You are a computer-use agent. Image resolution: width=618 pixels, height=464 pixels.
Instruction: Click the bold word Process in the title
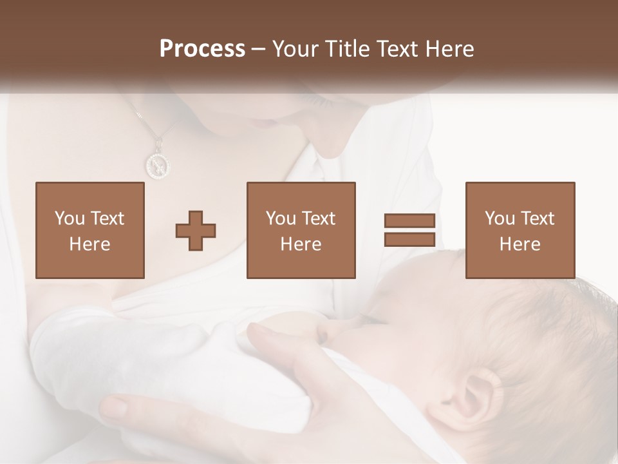point(202,49)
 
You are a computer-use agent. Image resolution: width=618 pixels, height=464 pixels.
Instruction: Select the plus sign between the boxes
point(196,231)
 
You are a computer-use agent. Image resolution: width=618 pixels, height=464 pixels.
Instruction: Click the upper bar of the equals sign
point(409,221)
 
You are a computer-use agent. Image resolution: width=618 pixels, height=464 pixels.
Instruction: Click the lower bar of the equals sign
point(409,240)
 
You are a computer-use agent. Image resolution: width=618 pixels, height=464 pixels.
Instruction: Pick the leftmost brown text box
point(89,231)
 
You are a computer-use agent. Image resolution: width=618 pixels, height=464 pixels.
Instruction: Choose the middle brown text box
point(301,231)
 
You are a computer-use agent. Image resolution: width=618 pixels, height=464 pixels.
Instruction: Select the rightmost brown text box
point(520,231)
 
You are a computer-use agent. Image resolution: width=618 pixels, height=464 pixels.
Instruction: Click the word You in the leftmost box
point(68,218)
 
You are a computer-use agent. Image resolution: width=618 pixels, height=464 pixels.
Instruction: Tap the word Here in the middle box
point(301,244)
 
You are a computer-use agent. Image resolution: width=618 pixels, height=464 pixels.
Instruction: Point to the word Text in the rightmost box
point(538,218)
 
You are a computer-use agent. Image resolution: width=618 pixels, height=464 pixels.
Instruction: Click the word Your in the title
point(295,49)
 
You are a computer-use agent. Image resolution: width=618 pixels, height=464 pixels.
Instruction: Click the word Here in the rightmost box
point(520,244)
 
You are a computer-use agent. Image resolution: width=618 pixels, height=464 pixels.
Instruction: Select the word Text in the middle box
point(319,218)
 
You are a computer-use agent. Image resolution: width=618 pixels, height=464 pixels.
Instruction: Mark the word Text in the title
point(397,49)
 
